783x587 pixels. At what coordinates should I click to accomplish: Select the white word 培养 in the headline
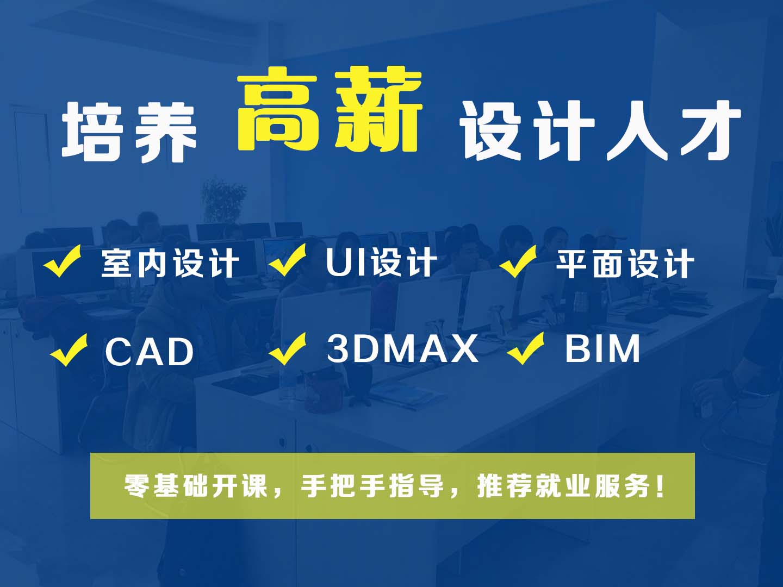click(129, 132)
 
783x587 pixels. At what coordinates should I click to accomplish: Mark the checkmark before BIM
click(526, 348)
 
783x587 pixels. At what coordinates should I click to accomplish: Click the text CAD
click(149, 352)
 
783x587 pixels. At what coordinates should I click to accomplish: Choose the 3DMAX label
click(402, 348)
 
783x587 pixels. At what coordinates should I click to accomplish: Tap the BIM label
click(602, 349)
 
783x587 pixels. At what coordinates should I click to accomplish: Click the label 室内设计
click(170, 263)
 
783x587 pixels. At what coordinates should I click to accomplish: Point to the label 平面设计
click(625, 264)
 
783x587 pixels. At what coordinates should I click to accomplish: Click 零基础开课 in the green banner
click(196, 486)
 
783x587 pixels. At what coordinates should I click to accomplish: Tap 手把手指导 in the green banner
click(372, 486)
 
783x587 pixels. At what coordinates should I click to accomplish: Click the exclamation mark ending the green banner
click(660, 486)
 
